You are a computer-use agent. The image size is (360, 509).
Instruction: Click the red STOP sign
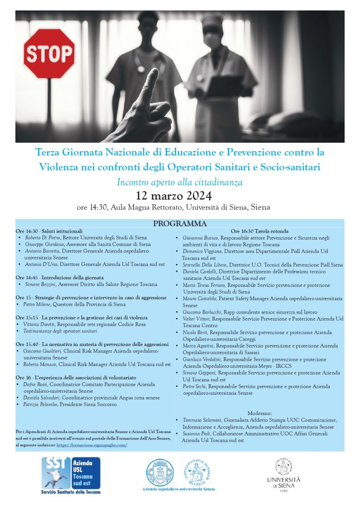pyautogui.click(x=49, y=54)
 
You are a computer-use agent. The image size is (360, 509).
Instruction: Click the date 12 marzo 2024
pyautogui.click(x=180, y=195)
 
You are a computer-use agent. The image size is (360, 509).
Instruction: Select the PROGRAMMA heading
pyautogui.click(x=180, y=224)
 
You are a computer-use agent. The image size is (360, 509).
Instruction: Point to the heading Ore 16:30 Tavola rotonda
pyautogui.click(x=260, y=231)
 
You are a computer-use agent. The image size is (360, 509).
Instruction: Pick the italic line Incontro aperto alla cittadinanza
pyautogui.click(x=180, y=182)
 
